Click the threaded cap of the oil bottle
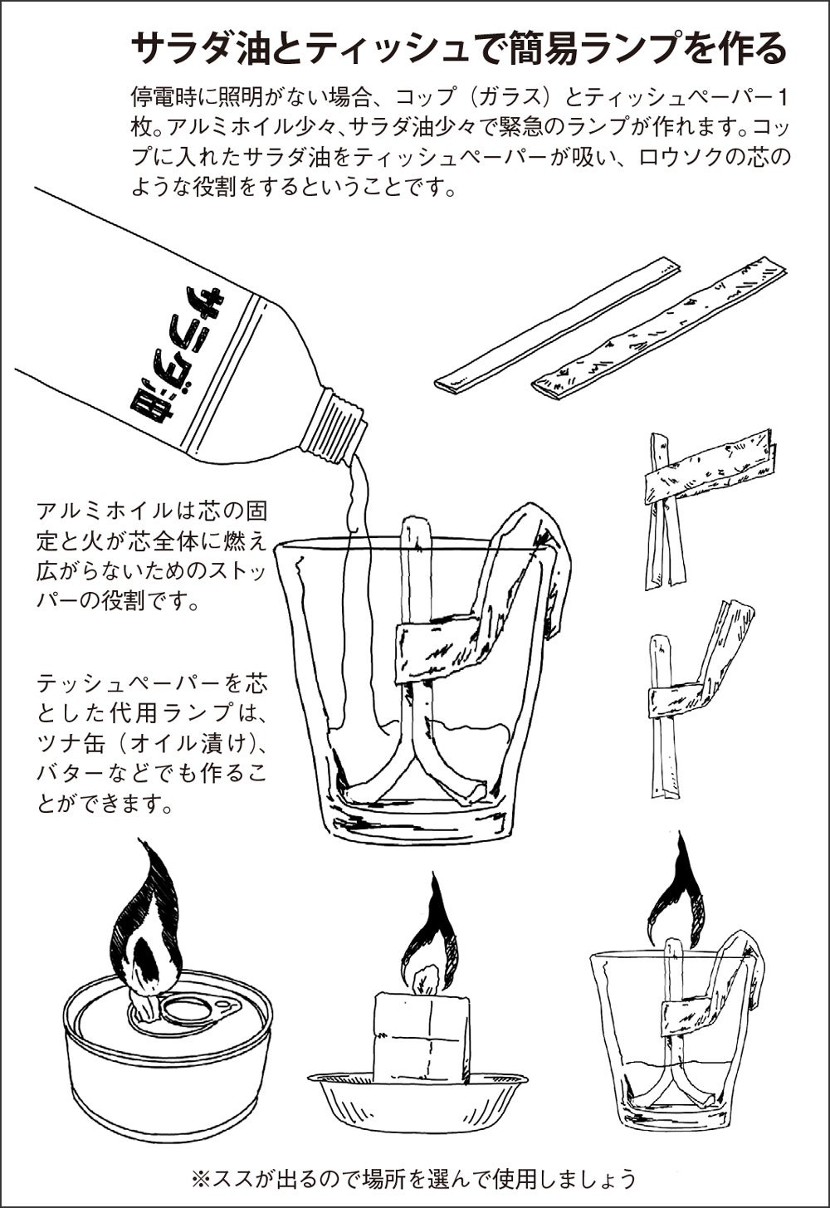click(333, 426)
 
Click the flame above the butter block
click(429, 941)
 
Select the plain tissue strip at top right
click(559, 324)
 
